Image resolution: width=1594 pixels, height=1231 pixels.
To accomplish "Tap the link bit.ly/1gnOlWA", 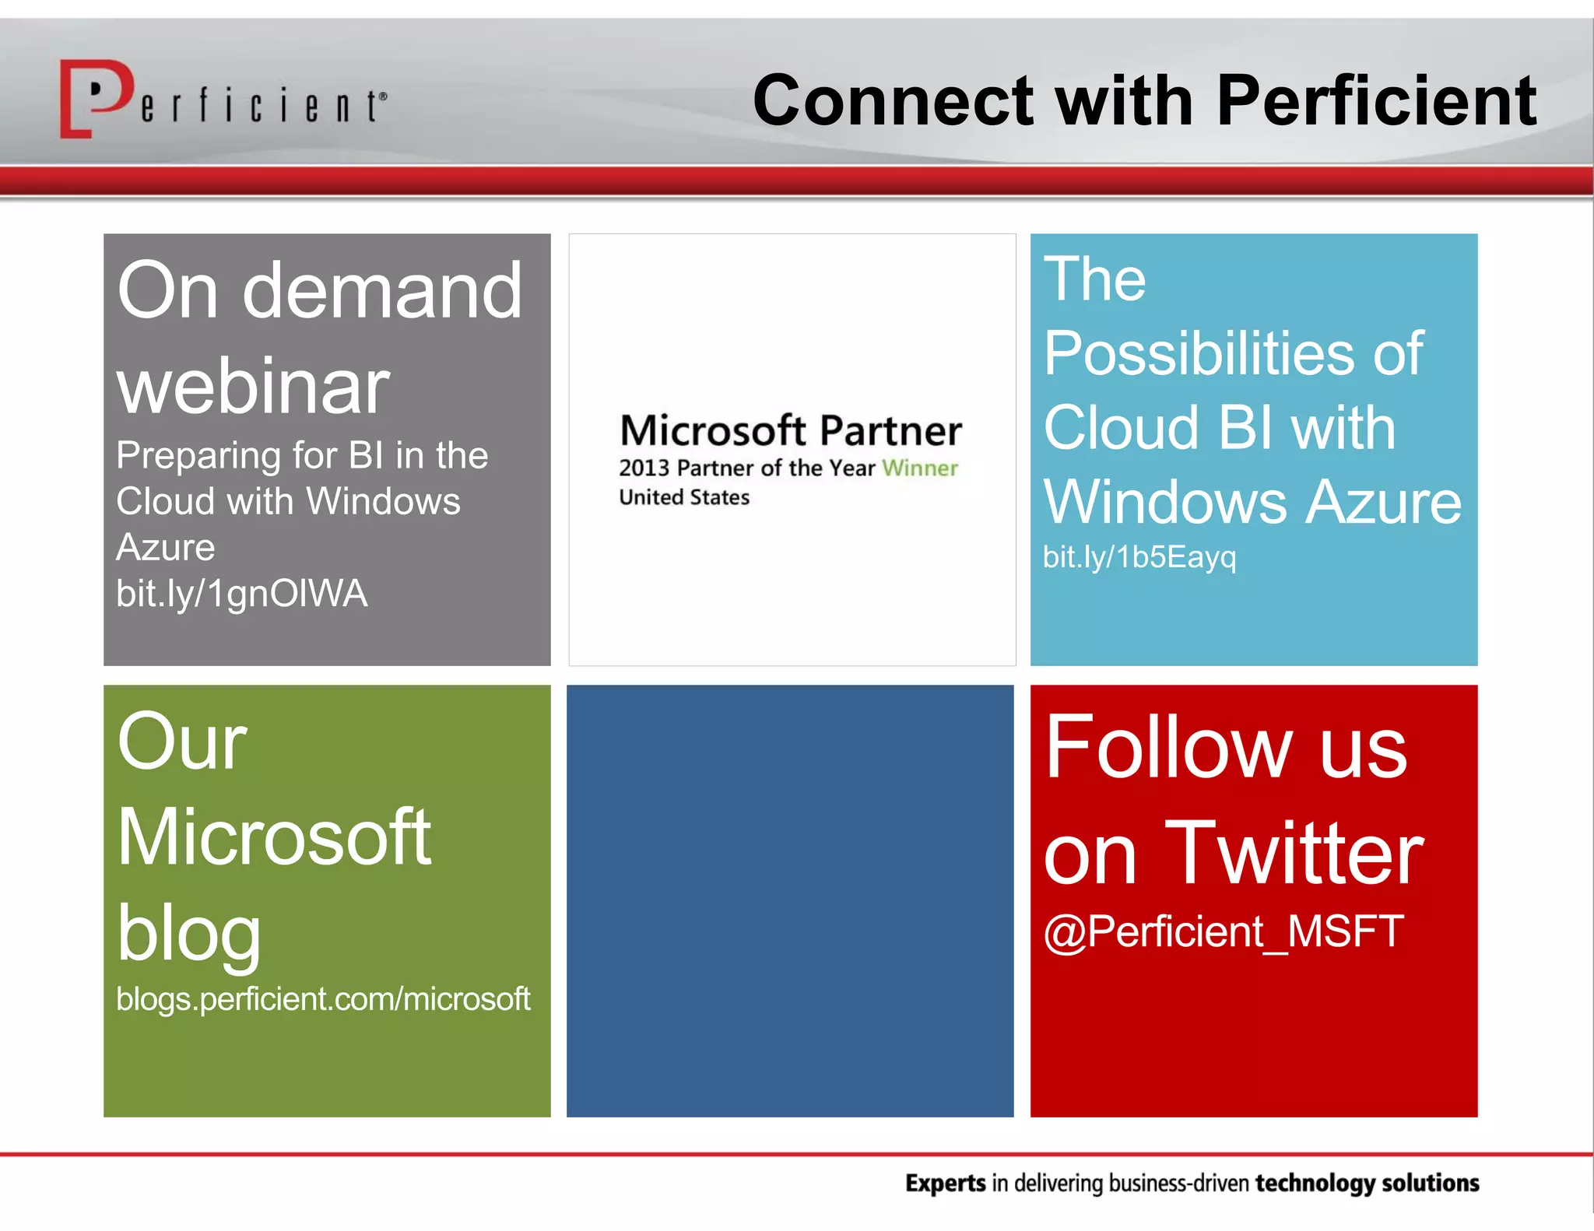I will [x=241, y=594].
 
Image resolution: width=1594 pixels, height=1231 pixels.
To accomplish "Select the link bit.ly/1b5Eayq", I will [x=1139, y=557].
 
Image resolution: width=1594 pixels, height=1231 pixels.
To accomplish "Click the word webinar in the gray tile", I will [x=253, y=387].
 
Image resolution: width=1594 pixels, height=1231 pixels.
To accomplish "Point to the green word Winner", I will [x=919, y=468].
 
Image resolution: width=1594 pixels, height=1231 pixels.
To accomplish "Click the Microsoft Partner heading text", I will [x=791, y=430].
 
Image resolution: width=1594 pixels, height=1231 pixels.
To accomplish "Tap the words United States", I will [x=683, y=497].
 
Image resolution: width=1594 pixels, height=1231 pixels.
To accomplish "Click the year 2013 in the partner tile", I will [x=644, y=468].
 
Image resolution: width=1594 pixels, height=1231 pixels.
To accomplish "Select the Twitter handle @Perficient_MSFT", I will [x=1223, y=931].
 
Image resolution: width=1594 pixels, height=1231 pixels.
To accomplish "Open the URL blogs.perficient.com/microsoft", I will [x=323, y=999].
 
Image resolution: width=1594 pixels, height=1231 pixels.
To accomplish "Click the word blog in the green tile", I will [x=189, y=934].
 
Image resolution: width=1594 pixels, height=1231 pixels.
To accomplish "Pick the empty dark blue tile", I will [x=790, y=900].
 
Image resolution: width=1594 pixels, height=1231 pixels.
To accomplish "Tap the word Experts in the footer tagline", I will [x=945, y=1183].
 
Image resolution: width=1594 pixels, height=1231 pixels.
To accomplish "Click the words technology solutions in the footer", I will [x=1367, y=1183].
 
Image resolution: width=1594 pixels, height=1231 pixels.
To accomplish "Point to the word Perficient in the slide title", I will [x=1375, y=101].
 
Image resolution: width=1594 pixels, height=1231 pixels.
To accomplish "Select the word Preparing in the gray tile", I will [x=198, y=456].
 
